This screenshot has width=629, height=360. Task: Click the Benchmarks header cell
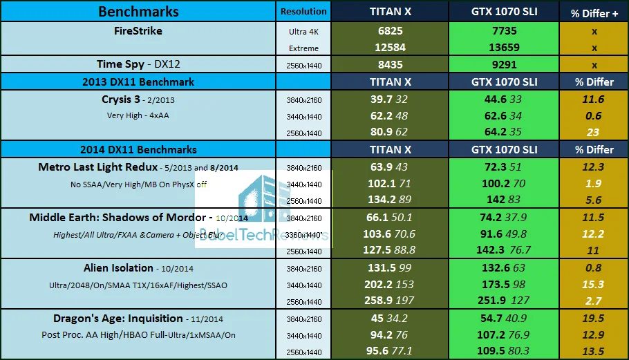click(x=138, y=11)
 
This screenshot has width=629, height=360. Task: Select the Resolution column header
click(x=303, y=12)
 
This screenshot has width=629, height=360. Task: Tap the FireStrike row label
click(x=138, y=31)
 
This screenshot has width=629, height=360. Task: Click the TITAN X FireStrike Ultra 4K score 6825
click(x=390, y=32)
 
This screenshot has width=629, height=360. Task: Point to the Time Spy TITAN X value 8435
click(x=390, y=65)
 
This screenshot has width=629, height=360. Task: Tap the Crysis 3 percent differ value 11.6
click(x=593, y=100)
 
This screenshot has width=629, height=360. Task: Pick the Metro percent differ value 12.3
click(x=593, y=167)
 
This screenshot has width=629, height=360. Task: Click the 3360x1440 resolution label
click(x=303, y=234)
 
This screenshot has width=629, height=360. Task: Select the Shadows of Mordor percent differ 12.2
click(x=593, y=234)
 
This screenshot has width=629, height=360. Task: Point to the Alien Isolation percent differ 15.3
click(x=593, y=285)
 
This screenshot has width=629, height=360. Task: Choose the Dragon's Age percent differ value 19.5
click(x=593, y=319)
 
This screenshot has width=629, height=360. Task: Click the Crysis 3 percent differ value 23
click(x=593, y=133)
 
